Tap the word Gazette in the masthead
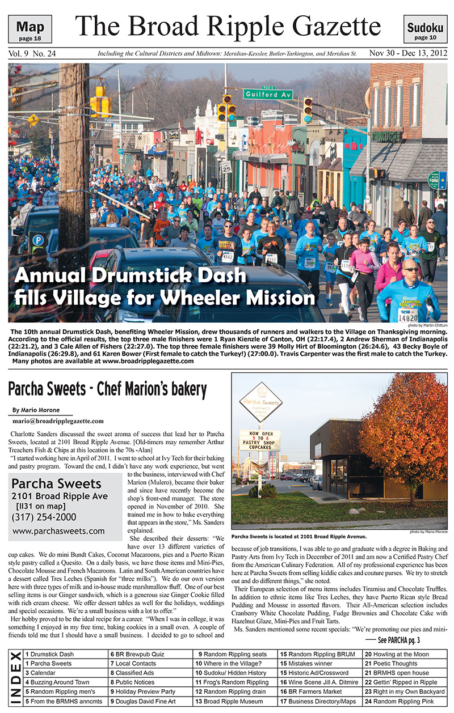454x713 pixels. click(325, 26)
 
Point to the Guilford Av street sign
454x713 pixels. click(268, 93)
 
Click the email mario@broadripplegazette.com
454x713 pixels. click(57, 421)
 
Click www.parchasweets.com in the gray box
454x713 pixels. click(58, 531)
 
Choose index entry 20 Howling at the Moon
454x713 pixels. click(397, 653)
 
